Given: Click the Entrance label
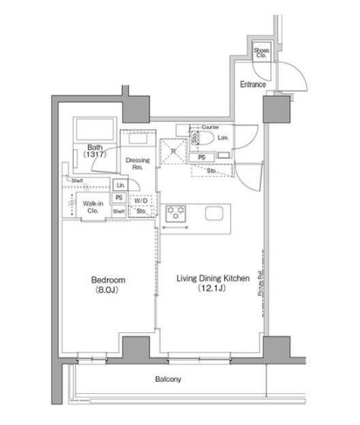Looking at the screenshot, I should pyautogui.click(x=253, y=84).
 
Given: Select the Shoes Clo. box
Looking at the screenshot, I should pyautogui.click(x=261, y=52).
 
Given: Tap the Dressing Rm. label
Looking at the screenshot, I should pyautogui.click(x=138, y=164).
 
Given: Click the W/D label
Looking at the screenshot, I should pyautogui.click(x=141, y=201).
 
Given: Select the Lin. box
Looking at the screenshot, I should pyautogui.click(x=120, y=186).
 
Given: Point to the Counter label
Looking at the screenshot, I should pyautogui.click(x=210, y=127).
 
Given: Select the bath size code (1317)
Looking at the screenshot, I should pyautogui.click(x=95, y=155).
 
